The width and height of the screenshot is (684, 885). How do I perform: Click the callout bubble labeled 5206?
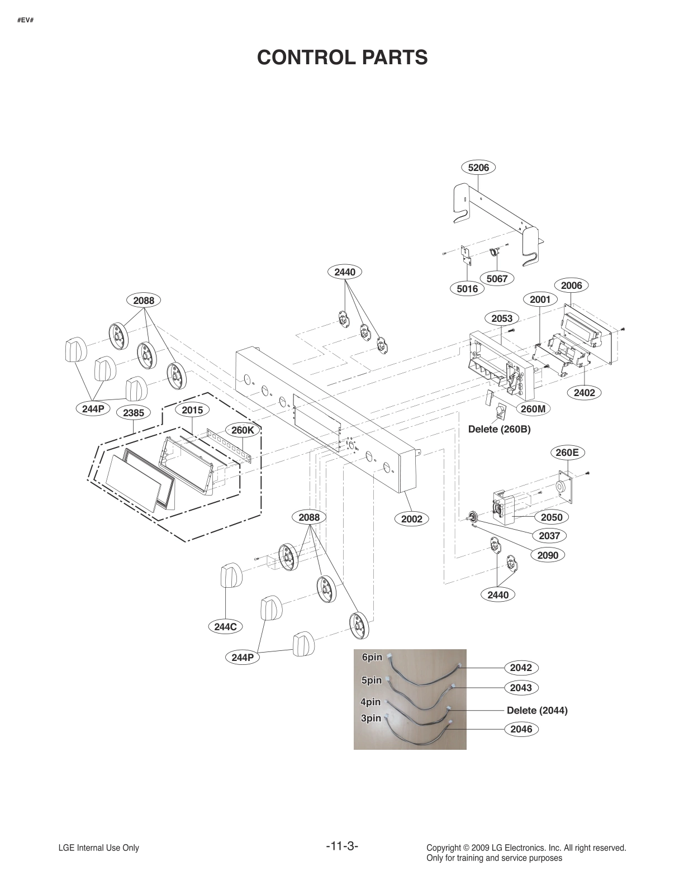(x=478, y=167)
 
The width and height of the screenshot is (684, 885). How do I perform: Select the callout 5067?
(x=497, y=278)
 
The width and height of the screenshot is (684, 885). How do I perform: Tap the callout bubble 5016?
(x=467, y=288)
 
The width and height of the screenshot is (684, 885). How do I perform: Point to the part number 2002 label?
(x=412, y=519)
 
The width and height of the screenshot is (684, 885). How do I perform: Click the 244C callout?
(x=225, y=627)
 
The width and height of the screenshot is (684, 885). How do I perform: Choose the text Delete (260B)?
(x=499, y=430)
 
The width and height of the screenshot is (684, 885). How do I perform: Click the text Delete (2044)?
(x=536, y=711)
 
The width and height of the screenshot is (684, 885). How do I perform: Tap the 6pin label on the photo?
(x=372, y=658)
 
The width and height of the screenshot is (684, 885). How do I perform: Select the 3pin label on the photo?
(x=370, y=719)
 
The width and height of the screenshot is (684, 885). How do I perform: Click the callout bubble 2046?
(x=521, y=729)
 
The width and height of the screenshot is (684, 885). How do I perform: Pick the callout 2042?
(x=521, y=668)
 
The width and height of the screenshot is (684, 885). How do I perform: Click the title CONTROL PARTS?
(x=342, y=57)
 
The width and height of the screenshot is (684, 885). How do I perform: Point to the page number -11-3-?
(x=342, y=846)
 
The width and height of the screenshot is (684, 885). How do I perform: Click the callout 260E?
(x=567, y=453)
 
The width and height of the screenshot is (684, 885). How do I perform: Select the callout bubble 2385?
(x=134, y=413)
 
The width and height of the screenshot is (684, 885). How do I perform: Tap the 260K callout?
(x=243, y=430)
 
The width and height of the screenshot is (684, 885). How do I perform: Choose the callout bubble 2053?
(x=501, y=318)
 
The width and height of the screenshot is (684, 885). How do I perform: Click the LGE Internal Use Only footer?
(x=99, y=848)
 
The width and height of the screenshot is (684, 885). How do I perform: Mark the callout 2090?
(x=547, y=555)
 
